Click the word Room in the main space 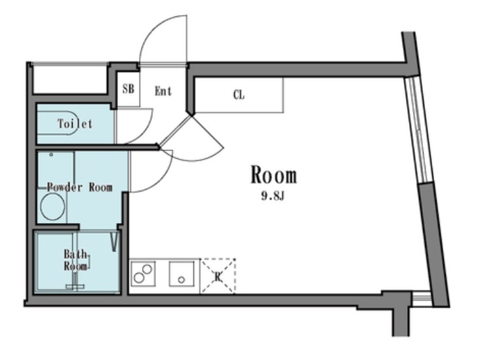point(273,175)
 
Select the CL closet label point(239,95)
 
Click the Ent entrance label point(163,91)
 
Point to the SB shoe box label point(129,89)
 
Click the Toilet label point(75,123)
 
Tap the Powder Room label point(79,187)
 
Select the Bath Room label point(75,260)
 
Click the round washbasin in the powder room point(52,207)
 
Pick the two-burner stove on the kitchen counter point(143,273)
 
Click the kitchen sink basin point(182,273)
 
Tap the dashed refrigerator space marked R point(218,276)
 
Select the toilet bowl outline point(58,123)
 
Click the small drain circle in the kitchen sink point(182,279)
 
